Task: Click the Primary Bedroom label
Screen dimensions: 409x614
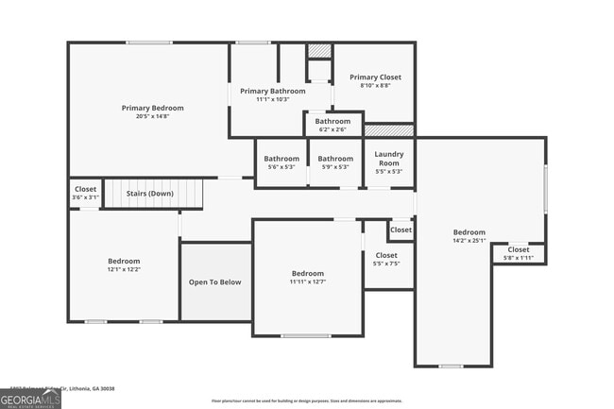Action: point(152,108)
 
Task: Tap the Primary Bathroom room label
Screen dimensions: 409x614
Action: point(272,91)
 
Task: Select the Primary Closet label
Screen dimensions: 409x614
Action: point(375,77)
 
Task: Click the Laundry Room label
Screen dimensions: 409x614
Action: point(388,158)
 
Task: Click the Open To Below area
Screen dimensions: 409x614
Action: point(215,281)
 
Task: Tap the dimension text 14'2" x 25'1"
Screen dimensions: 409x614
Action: point(469,241)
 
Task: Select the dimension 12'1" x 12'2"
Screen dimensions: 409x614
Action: point(124,269)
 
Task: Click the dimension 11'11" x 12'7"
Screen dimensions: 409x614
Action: point(307,281)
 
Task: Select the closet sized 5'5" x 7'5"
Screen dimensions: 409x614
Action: point(387,260)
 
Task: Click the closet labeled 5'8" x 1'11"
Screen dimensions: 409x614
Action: point(519,253)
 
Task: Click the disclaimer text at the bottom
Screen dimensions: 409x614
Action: point(306,400)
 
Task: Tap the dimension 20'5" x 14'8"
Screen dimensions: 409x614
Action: point(152,117)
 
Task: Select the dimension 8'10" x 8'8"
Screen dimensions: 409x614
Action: point(375,86)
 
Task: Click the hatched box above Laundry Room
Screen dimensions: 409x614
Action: point(388,130)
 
